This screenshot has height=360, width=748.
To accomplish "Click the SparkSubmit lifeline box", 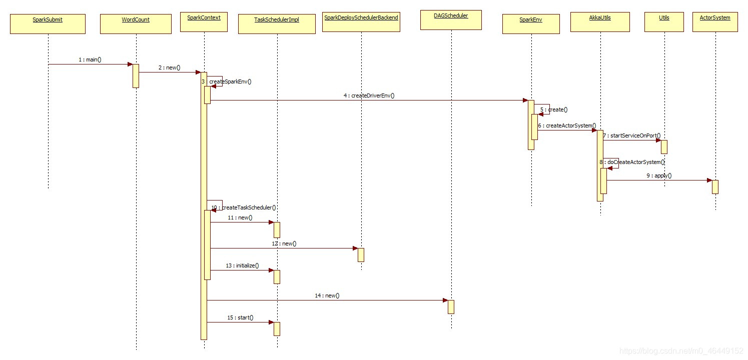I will click(x=48, y=23).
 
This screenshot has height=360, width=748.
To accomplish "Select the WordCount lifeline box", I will click(x=136, y=23).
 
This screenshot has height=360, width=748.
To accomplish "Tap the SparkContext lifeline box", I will click(x=204, y=21).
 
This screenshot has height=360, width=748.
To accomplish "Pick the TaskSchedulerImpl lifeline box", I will click(x=277, y=23).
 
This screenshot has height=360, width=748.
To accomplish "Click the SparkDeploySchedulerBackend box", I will click(x=361, y=21).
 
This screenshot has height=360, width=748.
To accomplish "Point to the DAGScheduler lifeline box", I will click(x=451, y=19).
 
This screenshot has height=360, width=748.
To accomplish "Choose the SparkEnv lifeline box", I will click(x=531, y=23).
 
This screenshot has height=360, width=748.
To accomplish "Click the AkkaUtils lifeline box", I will click(x=600, y=21).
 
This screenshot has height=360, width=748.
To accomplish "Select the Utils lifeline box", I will click(x=664, y=21).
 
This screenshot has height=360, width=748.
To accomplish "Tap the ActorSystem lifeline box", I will click(x=715, y=21).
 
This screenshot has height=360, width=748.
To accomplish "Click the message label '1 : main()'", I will click(x=90, y=59).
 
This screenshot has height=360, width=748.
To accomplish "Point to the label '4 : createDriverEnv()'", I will click(x=369, y=95).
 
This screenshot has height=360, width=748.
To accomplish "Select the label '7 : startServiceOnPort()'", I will click(x=631, y=135).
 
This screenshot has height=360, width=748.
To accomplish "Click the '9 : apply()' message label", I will click(x=659, y=175).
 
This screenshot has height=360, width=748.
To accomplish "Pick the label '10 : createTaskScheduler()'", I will click(x=244, y=207).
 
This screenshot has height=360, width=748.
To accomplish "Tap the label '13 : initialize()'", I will click(x=242, y=265).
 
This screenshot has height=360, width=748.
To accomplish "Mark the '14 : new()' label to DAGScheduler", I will click(x=327, y=295).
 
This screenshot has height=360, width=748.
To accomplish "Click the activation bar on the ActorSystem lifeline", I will click(x=715, y=186).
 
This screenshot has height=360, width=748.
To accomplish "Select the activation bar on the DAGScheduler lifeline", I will click(x=451, y=306).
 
